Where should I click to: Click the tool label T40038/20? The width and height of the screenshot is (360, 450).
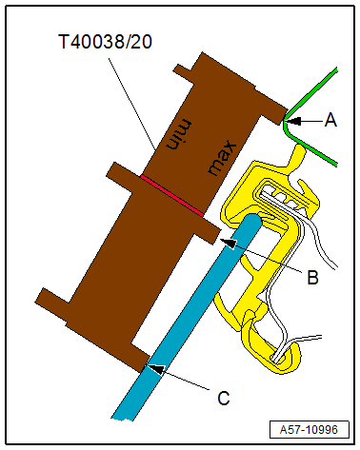pyautogui.click(x=106, y=42)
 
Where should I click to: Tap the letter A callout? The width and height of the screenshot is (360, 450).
pyautogui.click(x=330, y=120)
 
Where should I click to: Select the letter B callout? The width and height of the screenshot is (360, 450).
pyautogui.click(x=312, y=277)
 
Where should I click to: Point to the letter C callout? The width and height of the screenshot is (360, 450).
pyautogui.click(x=224, y=398)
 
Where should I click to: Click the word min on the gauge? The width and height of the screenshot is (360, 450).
pyautogui.click(x=179, y=134)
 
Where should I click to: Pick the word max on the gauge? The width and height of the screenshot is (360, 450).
pyautogui.click(x=222, y=159)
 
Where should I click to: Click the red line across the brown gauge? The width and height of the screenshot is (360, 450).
pyautogui.click(x=172, y=196)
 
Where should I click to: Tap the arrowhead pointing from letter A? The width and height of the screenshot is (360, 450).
pyautogui.click(x=292, y=121)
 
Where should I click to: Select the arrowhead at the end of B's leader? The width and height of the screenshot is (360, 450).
pyautogui.click(x=229, y=243)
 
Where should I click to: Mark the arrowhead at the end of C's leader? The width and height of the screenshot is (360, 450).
pyautogui.click(x=157, y=368)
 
